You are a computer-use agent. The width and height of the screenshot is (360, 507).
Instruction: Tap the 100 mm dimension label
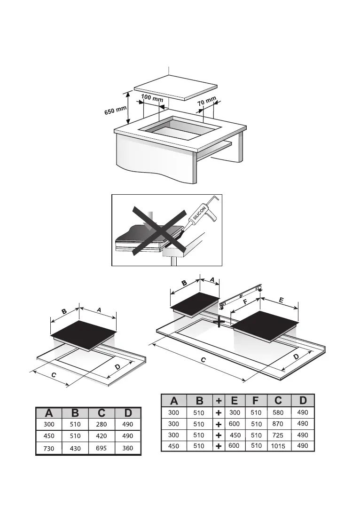point(152,99)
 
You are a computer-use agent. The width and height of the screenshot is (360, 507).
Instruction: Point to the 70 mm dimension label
point(207,102)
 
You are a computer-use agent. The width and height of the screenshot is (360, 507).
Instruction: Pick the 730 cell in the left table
point(48,449)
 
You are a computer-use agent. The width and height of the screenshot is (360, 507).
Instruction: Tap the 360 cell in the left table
point(127,449)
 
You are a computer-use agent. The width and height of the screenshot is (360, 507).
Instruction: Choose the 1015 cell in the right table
point(278,446)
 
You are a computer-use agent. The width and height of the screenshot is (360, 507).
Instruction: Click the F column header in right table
point(255,401)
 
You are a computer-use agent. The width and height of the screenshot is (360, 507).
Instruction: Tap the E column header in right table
point(235,401)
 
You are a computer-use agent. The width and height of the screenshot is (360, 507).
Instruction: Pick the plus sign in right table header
point(219,401)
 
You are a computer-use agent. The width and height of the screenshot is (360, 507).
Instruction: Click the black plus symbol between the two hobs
point(219,322)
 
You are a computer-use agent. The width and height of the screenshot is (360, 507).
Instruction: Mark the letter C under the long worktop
point(203,359)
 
